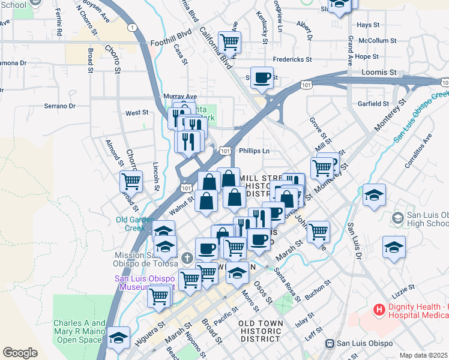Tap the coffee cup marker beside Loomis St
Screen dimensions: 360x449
262,78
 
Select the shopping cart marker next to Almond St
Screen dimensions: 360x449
131,181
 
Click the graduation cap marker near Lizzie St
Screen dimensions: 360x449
394,247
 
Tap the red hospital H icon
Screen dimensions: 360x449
379,310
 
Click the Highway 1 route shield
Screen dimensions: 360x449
131,28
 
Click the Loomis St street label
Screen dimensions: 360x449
379,72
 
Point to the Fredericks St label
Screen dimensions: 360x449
292,59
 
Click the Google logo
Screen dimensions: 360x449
20,353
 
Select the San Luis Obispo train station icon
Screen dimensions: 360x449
330,343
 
